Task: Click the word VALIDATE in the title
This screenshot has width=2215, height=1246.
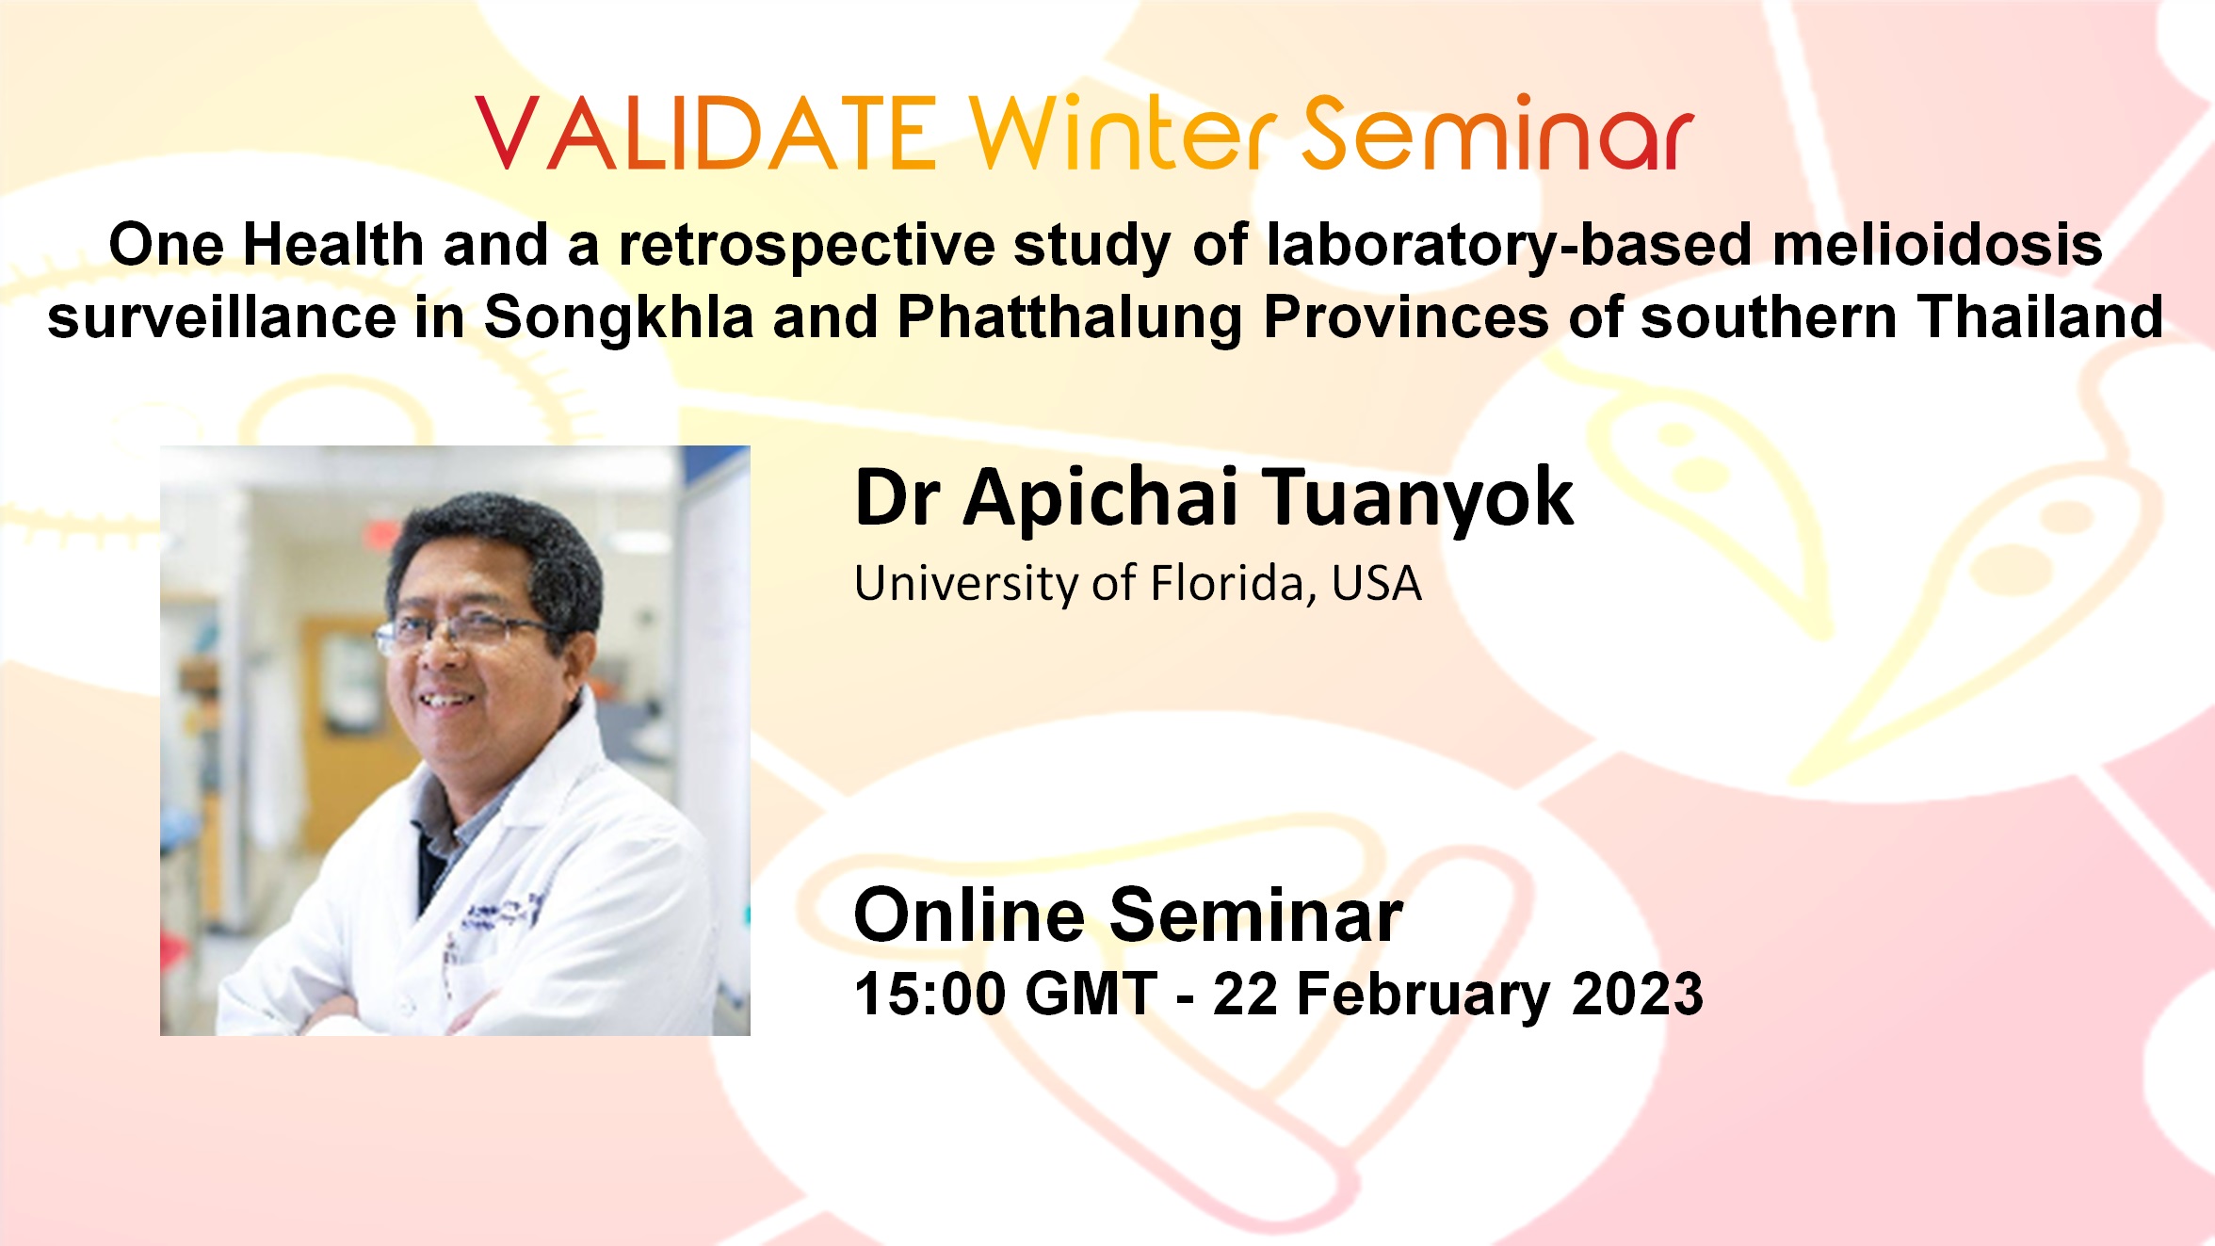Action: click(x=706, y=134)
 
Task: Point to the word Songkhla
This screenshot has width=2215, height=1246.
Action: click(x=619, y=316)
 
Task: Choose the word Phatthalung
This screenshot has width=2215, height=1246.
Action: click(x=1070, y=316)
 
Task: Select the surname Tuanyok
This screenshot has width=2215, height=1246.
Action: click(x=1418, y=499)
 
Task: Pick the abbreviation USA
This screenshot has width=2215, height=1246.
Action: click(x=1377, y=584)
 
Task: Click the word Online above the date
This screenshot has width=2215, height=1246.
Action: click(x=969, y=914)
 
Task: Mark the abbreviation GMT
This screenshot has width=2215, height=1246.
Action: click(x=1091, y=994)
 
